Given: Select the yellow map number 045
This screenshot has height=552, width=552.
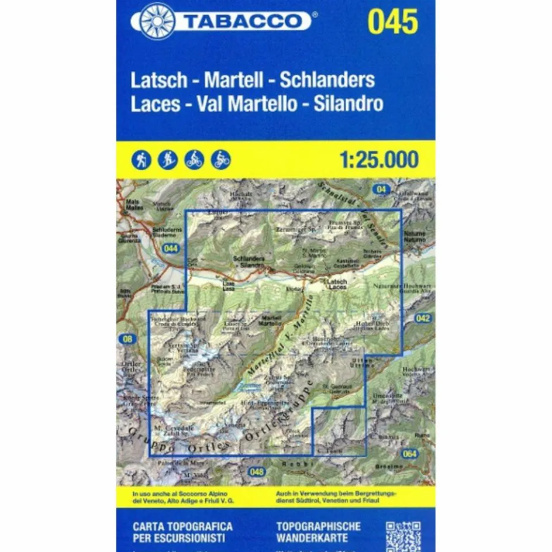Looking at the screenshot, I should click(393, 22).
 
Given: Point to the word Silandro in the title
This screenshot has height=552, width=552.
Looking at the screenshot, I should click(348, 104).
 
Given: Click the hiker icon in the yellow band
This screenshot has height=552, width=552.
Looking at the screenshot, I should click(142, 159).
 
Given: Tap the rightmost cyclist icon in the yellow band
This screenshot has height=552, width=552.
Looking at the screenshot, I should click(221, 159).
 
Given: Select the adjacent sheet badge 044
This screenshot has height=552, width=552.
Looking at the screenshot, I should click(171, 249).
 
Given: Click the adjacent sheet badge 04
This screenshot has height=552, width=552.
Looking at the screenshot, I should click(382, 189).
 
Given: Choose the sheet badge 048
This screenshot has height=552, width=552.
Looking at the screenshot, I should click(256, 472).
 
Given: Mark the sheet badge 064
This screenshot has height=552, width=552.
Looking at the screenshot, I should click(410, 454).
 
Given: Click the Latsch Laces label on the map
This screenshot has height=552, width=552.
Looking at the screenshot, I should click(337, 285).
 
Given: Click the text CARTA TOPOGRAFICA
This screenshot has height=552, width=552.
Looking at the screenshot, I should click(182, 526).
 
